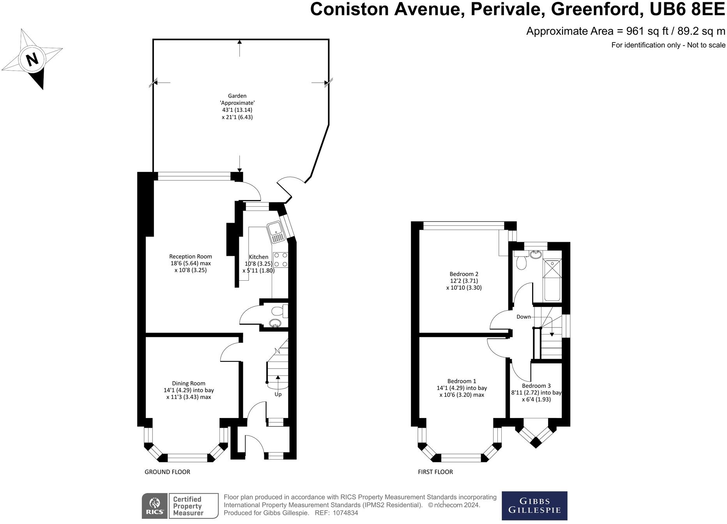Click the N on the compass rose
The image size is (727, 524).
(x=32, y=59)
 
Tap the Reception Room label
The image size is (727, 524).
(x=190, y=257)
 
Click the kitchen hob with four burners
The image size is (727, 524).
(x=280, y=260)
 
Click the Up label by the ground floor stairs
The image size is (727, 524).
(x=278, y=394)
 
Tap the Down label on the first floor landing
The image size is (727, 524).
(x=524, y=317)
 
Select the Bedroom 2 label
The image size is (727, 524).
(x=463, y=274)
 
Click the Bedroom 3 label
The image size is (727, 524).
(x=536, y=386)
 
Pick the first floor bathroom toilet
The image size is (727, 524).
(x=521, y=263)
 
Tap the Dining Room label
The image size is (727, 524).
(x=189, y=383)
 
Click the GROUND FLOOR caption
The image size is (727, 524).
(x=167, y=472)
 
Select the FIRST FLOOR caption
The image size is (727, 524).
(x=435, y=472)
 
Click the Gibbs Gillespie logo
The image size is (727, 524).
(x=534, y=506)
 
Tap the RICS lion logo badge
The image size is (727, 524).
(x=154, y=506)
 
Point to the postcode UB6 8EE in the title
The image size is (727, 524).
(x=687, y=9)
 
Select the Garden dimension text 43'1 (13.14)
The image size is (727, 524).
(x=237, y=110)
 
